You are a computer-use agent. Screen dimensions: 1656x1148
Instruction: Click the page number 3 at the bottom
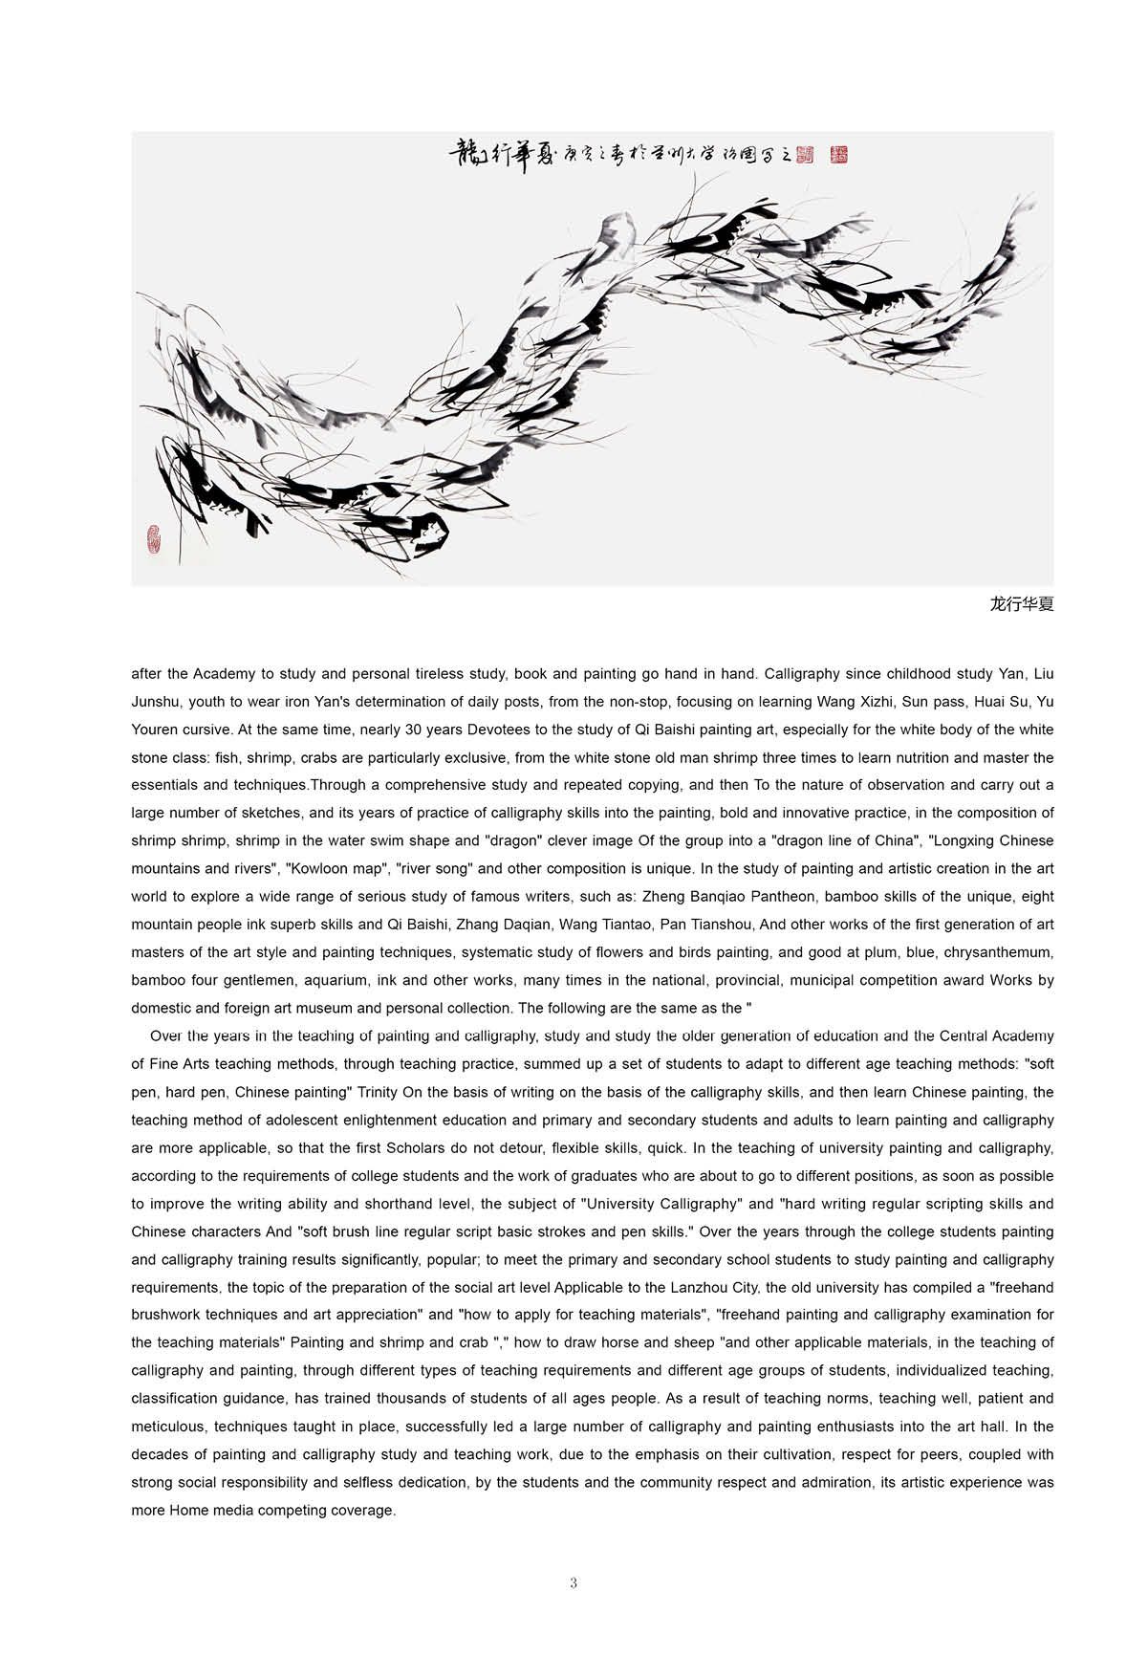tap(574, 1583)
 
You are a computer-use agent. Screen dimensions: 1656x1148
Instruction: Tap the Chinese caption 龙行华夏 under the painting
tap(1022, 604)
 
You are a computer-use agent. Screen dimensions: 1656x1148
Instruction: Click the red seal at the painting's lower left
tap(154, 540)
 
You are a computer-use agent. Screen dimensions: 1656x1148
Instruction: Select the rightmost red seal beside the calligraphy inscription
tap(838, 153)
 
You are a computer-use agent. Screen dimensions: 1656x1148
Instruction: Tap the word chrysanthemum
tap(996, 952)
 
